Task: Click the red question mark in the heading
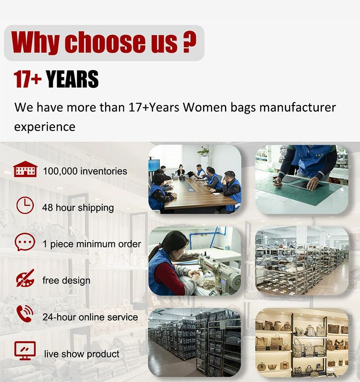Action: point(189,42)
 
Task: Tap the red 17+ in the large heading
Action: point(27,79)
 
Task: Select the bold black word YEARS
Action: point(72,79)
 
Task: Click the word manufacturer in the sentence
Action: point(298,107)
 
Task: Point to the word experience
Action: point(45,127)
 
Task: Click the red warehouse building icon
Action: point(25,169)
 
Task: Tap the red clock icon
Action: point(25,205)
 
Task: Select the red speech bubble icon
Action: point(24,242)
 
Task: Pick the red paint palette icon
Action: point(25,278)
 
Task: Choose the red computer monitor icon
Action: point(25,350)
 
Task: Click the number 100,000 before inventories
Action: point(60,171)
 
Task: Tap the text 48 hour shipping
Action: point(78,208)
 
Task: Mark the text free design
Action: point(66,280)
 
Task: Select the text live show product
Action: point(82,354)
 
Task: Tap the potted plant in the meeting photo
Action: point(204,152)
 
